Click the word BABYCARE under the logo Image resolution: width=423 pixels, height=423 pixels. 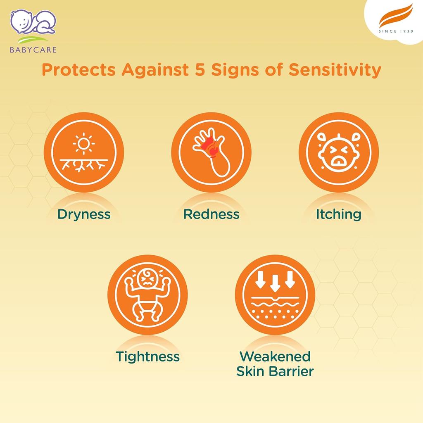(33, 50)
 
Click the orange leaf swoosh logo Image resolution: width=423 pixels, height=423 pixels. (396, 16)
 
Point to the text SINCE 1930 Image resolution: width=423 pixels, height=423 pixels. (396, 31)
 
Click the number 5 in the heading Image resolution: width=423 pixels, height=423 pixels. (200, 69)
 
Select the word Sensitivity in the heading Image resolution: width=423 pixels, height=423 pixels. (335, 70)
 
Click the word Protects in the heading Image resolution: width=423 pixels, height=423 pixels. (78, 69)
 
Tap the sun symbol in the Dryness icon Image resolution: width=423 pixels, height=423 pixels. (83, 143)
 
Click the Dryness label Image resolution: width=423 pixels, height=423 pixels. (84, 215)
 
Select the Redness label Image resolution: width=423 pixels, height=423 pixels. (211, 214)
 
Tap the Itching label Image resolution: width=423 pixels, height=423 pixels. (339, 215)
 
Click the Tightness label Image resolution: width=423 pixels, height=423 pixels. (147, 357)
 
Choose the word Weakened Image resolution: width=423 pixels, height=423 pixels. (275, 356)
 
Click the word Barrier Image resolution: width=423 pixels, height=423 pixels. (292, 371)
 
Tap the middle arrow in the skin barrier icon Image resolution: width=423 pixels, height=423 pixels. (275, 283)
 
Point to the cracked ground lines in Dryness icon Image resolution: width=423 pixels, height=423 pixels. (83, 165)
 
